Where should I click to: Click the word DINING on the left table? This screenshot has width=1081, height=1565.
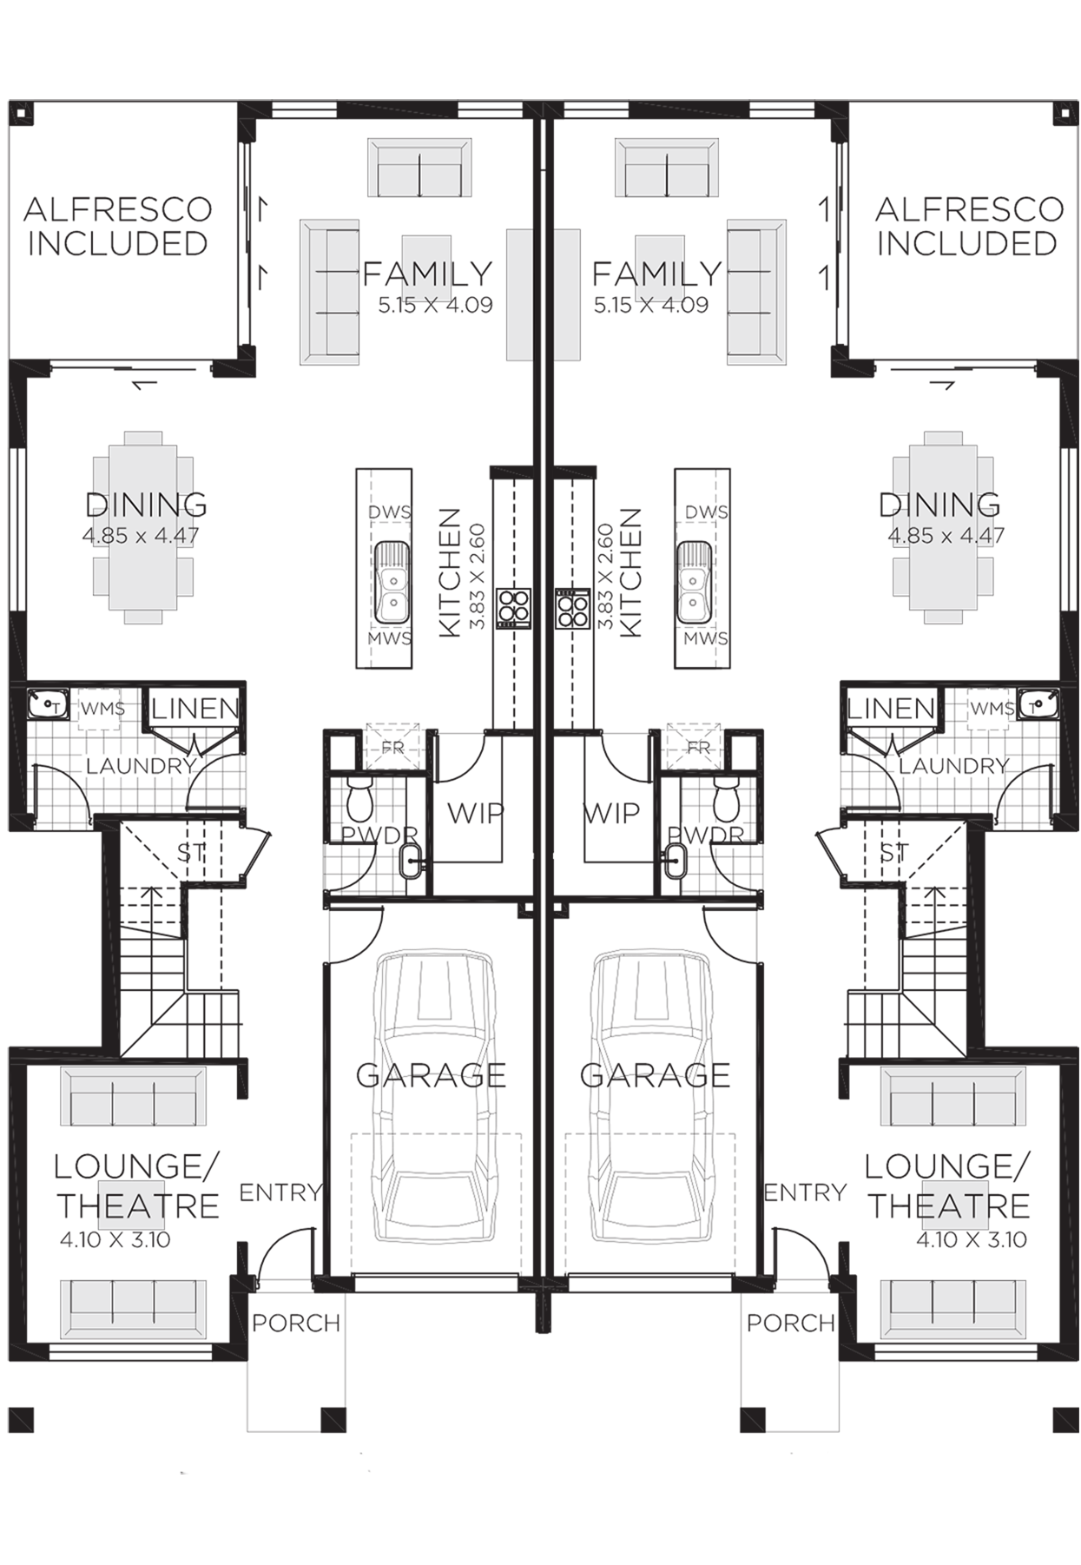144,506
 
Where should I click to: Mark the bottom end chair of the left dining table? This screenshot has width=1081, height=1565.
144,617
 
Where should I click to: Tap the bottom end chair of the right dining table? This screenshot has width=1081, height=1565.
946,617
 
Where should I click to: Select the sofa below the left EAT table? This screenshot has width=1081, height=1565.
134,1308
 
